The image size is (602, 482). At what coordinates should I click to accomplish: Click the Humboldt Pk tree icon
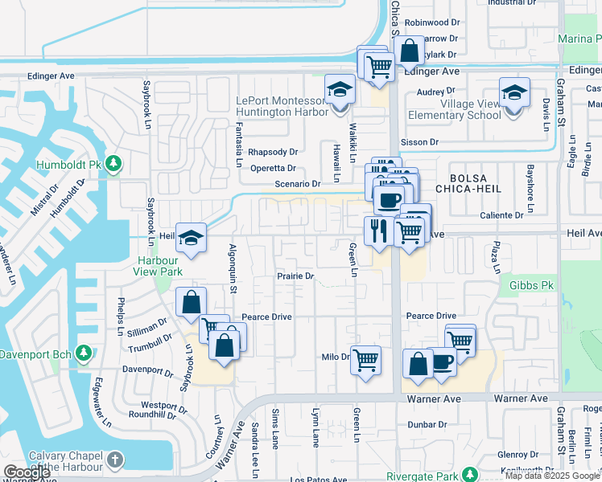click(113, 164)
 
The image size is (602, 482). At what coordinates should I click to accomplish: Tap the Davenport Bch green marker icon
click(82, 353)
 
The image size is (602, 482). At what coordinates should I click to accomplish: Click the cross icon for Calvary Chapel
click(116, 460)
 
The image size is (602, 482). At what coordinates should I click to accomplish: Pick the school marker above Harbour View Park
click(191, 237)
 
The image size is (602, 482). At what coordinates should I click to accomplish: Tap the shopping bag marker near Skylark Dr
click(409, 51)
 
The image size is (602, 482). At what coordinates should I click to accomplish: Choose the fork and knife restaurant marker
click(378, 231)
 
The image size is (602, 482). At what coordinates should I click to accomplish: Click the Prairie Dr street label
click(295, 276)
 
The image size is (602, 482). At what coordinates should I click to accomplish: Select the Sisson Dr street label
click(422, 142)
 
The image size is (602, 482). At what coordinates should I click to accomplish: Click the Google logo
click(27, 472)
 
